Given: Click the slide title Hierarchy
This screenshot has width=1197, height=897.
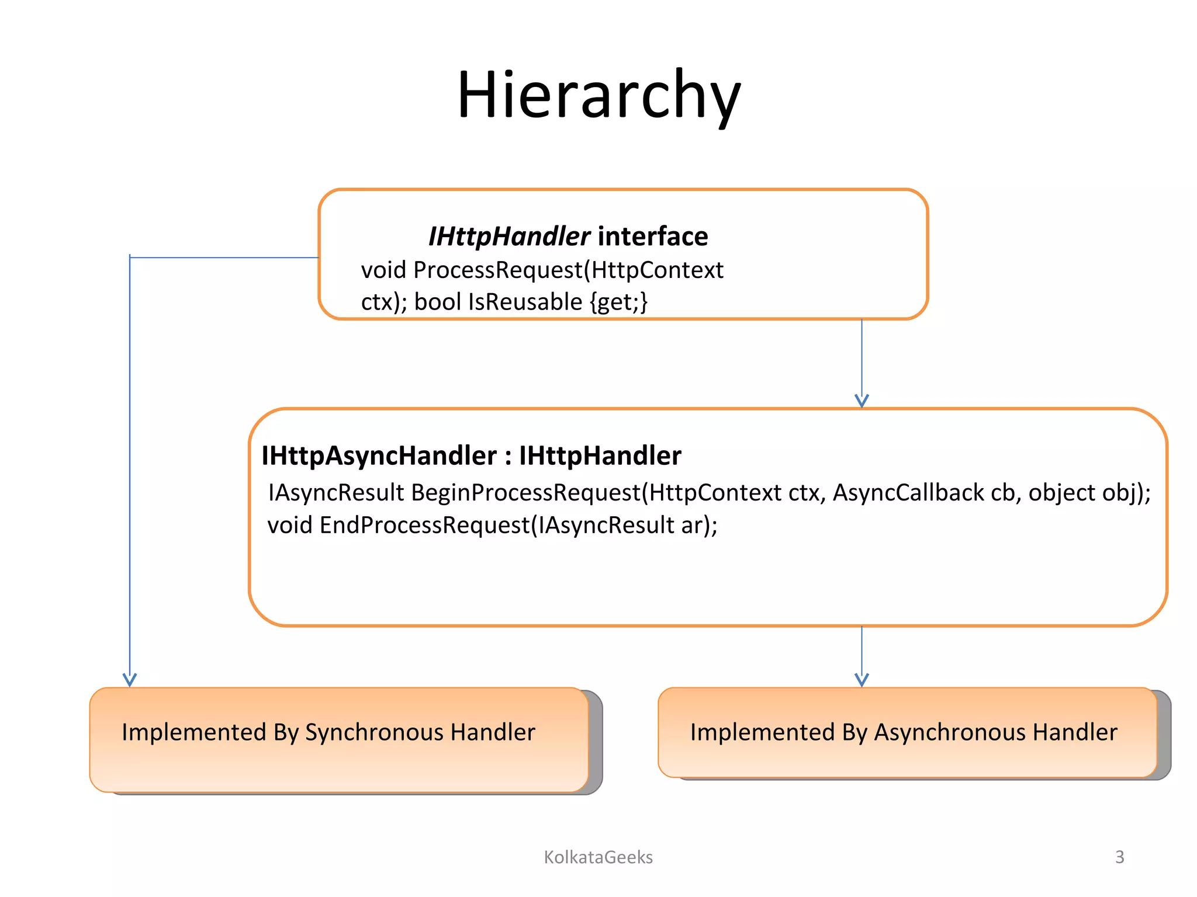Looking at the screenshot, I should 598,95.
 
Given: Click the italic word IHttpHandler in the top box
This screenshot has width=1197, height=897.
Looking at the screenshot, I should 509,237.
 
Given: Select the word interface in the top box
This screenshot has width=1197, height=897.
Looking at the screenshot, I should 653,237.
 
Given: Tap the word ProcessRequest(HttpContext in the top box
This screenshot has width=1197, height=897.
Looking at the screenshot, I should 568,270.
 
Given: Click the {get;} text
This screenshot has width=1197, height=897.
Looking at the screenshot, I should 618,302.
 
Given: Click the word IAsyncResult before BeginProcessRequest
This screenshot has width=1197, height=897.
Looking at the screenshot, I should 336,492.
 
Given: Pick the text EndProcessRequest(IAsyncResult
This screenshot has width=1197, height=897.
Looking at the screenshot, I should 497,525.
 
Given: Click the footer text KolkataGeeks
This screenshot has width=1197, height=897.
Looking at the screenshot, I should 598,857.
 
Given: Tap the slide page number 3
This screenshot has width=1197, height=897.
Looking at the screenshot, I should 1119,857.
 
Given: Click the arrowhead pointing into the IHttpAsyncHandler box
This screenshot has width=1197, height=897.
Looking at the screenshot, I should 862,401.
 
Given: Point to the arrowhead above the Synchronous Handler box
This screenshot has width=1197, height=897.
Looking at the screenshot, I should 130,680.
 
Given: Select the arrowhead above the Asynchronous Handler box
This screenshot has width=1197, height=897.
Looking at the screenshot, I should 862,680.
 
